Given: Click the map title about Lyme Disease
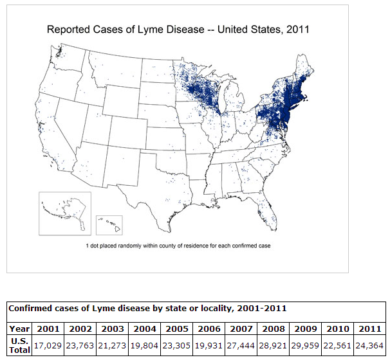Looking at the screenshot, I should [x=178, y=30].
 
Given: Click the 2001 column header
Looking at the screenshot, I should [x=48, y=328].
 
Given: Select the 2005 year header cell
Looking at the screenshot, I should [x=177, y=328].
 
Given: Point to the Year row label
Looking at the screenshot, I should [x=19, y=328].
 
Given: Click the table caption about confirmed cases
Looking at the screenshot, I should [x=147, y=309].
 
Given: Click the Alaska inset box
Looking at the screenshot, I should [x=64, y=213].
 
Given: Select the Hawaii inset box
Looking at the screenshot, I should [x=109, y=224].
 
